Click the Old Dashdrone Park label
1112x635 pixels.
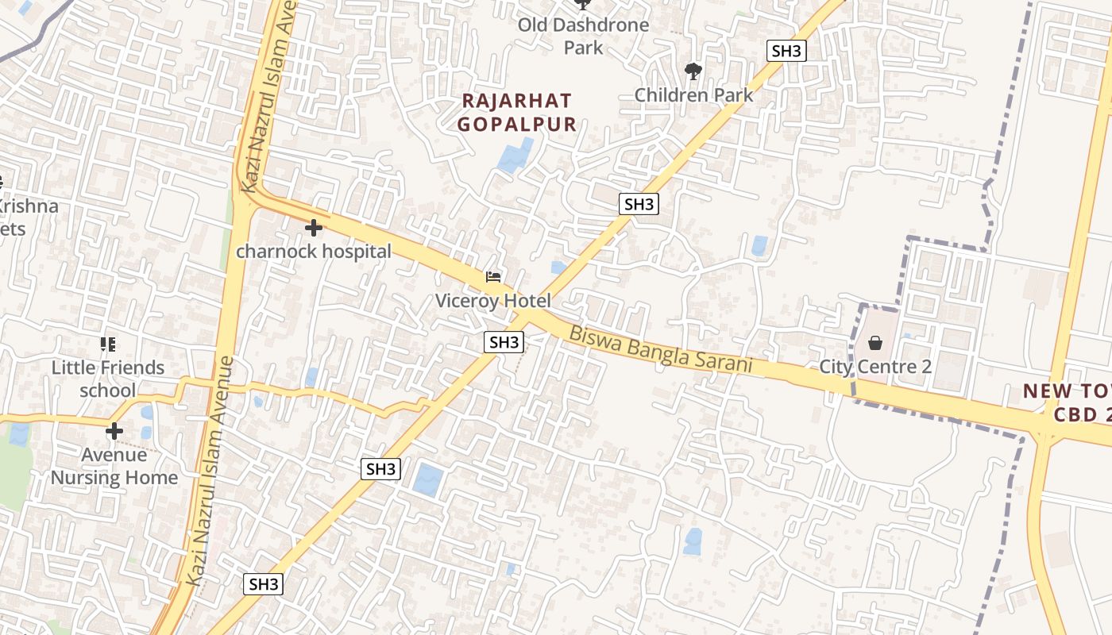pyautogui.click(x=583, y=36)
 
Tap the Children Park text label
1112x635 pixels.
pyautogui.click(x=693, y=95)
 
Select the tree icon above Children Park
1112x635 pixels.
pyautogui.click(x=693, y=71)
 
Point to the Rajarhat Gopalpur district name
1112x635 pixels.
pyautogui.click(x=516, y=113)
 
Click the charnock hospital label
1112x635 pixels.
pyautogui.click(x=314, y=252)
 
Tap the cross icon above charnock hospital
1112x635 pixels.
pyautogui.click(x=314, y=229)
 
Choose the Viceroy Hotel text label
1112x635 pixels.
pyautogui.click(x=492, y=301)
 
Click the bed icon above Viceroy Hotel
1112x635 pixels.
pyautogui.click(x=493, y=277)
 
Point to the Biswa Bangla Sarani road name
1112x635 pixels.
pyautogui.click(x=660, y=350)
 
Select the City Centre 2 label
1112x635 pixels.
pyautogui.click(x=875, y=367)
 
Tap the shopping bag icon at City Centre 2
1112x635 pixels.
pyautogui.click(x=875, y=343)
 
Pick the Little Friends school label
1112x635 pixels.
pyautogui.click(x=108, y=379)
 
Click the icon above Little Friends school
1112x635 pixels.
pyautogui.click(x=108, y=344)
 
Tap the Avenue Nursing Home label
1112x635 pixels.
pyautogui.click(x=114, y=466)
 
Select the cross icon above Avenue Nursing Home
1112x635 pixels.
pyautogui.click(x=114, y=431)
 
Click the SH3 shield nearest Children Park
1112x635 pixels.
pyautogui.click(x=786, y=52)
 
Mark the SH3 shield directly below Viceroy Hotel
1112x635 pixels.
pyautogui.click(x=504, y=342)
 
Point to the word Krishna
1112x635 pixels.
pyautogui.click(x=28, y=206)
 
